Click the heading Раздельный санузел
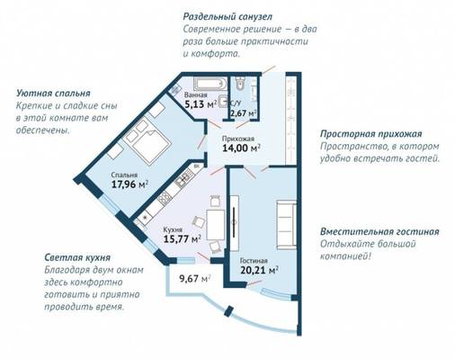point(227,17)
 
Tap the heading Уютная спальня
point(53,94)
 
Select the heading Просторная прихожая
point(371,134)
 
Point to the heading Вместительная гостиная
point(379,232)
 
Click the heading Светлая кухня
point(77,257)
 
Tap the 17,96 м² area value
point(130,184)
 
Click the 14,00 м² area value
point(241,148)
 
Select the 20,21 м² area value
point(260,270)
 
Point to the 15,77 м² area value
point(183,239)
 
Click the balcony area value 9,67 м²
point(194,279)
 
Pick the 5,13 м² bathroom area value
point(201,104)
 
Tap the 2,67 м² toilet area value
point(243,113)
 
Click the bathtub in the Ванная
point(210,84)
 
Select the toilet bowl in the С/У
point(240,84)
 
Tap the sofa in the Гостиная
point(286,225)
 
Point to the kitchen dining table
point(215,225)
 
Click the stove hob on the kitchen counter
point(165,198)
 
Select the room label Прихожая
point(238,139)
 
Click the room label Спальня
point(124,175)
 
